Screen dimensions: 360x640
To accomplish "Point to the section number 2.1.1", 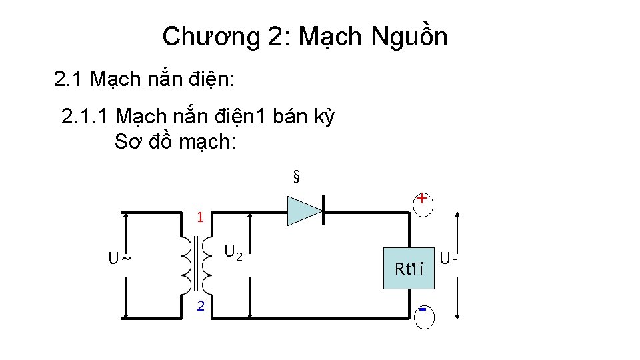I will coord(84,117).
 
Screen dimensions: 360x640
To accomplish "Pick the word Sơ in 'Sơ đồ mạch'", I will coord(127,142).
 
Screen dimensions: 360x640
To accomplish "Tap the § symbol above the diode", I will coord(296,177).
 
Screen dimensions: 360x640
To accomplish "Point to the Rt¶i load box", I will coord(409,269).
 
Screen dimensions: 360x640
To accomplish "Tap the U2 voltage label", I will coord(233,252).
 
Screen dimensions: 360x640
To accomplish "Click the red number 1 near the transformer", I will coord(199,217).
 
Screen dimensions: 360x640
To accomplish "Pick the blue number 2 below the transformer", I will coord(199,306).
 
